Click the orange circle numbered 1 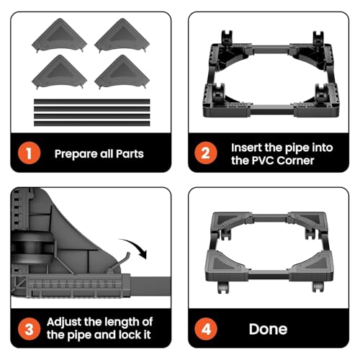29,153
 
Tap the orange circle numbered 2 206,153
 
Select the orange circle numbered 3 29,329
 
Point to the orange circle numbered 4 206,329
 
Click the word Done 268,329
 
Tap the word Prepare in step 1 76,154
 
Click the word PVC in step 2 264,161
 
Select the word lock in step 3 130,335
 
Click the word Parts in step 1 130,154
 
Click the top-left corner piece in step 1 60,35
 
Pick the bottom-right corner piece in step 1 122,72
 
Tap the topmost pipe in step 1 92,102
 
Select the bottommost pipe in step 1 92,124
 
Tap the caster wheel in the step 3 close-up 32,248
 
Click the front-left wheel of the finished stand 223,287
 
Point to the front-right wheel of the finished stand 318,287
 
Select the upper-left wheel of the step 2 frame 227,38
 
